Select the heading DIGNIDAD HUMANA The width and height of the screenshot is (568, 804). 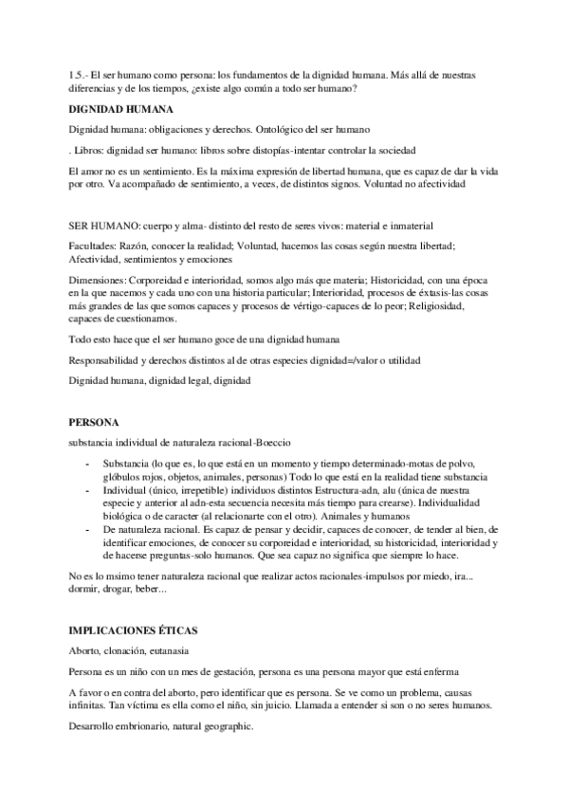[120, 109]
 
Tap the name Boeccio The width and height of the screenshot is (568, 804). [272, 443]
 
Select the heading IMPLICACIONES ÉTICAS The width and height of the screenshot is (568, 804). [141, 630]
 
